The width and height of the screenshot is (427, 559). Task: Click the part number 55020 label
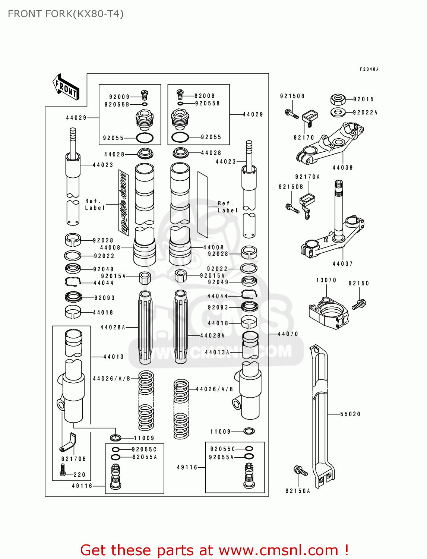click(350, 414)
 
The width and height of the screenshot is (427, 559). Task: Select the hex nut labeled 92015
click(338, 99)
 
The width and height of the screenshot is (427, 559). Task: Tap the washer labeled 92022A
click(338, 112)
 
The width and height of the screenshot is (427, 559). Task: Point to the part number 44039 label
click(342, 168)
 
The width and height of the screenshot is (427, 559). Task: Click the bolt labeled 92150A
click(301, 471)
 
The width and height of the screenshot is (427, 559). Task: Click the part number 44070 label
click(288, 334)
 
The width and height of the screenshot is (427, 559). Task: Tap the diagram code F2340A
click(369, 69)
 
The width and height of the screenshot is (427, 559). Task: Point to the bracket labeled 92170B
click(69, 443)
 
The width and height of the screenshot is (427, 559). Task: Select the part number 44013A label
click(217, 352)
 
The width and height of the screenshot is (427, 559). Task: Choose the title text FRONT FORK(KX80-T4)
click(66, 14)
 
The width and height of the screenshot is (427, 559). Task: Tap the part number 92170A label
click(307, 177)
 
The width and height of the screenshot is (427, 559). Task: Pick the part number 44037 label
click(342, 264)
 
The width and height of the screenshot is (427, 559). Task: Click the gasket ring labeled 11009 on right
click(249, 431)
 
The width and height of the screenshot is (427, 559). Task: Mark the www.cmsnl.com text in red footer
click(278, 550)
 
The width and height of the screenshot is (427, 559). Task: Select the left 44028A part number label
click(113, 327)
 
